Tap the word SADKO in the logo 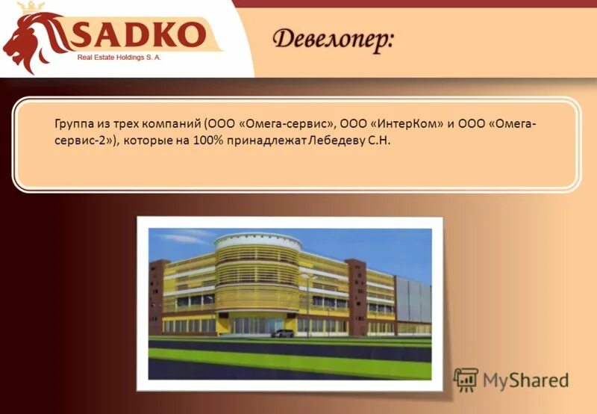tap(137, 34)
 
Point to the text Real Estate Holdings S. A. tap(119, 56)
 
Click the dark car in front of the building tap(282, 333)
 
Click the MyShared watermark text tap(525, 380)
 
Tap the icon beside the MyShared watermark tap(466, 380)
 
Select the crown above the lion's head tap(30, 8)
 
